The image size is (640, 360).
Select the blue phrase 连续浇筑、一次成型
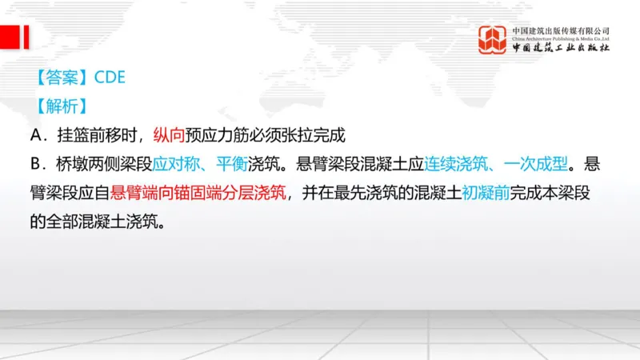tap(497, 163)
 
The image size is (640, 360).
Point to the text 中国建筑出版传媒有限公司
tap(562, 30)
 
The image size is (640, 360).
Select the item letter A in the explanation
tap(37, 134)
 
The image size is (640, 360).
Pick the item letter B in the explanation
tap(37, 163)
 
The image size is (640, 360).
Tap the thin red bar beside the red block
tap(26, 37)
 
